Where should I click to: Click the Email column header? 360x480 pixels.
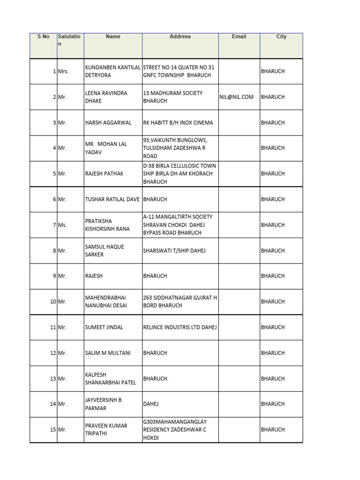(239, 37)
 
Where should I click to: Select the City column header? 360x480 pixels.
(281, 37)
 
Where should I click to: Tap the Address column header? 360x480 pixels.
(180, 37)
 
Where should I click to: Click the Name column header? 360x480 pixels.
(113, 37)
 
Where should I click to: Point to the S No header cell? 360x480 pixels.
(43, 37)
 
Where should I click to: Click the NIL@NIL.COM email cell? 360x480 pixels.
(237, 97)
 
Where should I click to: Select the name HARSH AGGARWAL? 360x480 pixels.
(103, 123)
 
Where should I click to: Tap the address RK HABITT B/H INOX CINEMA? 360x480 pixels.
(178, 123)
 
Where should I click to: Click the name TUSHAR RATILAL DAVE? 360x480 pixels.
(112, 199)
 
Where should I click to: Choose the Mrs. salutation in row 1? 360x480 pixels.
(63, 72)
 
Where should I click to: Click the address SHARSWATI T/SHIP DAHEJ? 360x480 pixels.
(174, 251)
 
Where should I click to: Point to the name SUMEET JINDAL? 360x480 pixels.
(104, 327)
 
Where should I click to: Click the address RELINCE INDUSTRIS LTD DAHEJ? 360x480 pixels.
(180, 327)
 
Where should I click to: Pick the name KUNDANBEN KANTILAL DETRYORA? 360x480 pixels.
(112, 71)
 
